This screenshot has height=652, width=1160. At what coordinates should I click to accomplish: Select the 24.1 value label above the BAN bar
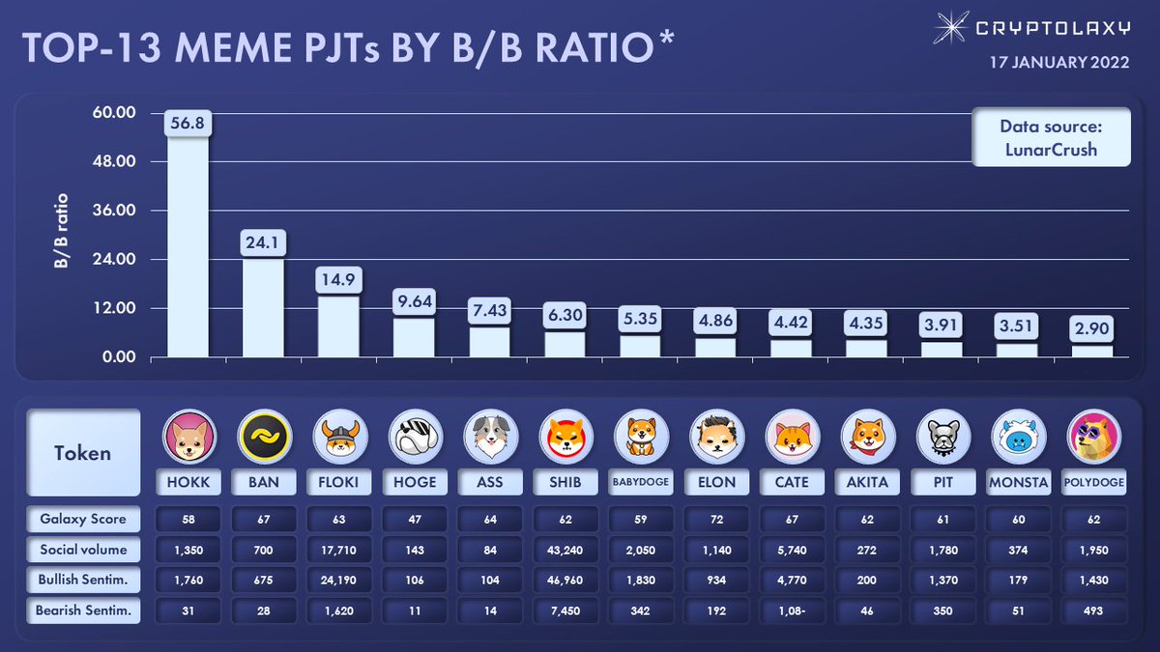pos(263,243)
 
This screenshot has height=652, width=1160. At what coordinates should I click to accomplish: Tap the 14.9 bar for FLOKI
pos(338,326)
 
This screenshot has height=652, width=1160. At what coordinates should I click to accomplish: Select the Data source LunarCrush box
pos(1051,137)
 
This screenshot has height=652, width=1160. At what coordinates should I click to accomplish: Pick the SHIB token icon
pos(565,438)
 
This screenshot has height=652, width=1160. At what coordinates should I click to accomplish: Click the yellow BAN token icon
pos(263,438)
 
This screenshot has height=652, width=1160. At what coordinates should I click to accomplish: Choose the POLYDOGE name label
pos(1096,482)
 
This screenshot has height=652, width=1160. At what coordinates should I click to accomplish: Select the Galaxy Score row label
pos(83,519)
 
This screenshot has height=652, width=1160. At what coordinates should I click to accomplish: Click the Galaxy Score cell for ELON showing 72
pos(715,519)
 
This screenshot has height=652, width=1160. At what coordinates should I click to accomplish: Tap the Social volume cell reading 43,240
pos(565,550)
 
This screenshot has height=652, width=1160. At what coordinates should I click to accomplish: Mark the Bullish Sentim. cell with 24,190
pos(338,580)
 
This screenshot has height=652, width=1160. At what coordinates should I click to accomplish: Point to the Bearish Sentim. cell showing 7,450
pos(565,610)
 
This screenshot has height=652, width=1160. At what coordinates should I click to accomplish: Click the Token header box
pos(83,452)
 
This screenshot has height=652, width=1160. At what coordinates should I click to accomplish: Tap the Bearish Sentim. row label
pos(83,610)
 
